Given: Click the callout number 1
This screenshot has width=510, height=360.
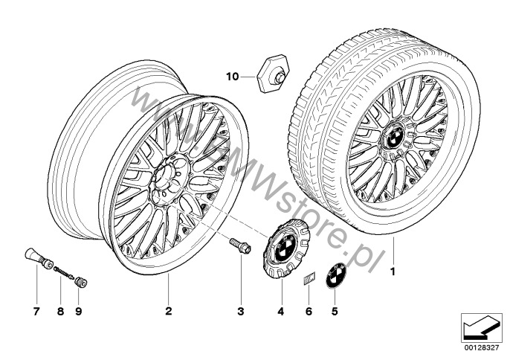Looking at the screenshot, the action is [393, 271].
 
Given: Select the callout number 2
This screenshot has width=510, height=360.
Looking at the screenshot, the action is [168, 311].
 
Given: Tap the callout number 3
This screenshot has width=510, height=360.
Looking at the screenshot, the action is [240, 312].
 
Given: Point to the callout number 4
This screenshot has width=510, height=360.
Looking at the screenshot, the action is [281, 312].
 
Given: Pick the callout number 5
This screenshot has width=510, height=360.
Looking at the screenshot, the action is [335, 312].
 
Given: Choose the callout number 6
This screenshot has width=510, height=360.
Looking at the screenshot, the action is [309, 312].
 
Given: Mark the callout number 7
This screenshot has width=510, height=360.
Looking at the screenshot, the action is [36, 312].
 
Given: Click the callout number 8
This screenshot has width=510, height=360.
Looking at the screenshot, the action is [60, 312].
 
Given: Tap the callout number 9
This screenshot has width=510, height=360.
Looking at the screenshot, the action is [78, 312].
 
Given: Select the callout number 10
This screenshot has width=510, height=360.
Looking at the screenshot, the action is [233, 77].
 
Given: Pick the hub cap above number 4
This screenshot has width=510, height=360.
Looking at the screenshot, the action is [286, 248].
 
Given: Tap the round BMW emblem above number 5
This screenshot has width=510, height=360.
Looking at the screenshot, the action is [336, 275].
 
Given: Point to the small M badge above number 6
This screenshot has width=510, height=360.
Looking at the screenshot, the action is [309, 279].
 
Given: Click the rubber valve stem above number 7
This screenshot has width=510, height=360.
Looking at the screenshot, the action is [39, 258].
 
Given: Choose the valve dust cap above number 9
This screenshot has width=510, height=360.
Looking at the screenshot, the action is [80, 282].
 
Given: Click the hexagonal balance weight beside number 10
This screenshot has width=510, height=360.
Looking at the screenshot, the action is [274, 74].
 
